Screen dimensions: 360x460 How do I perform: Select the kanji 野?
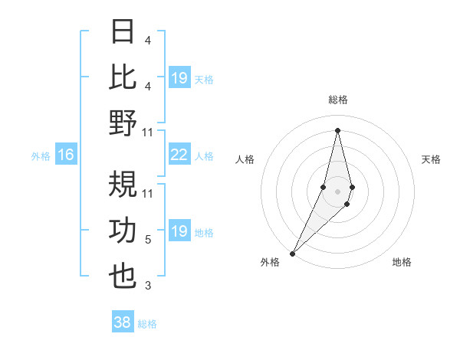pyautogui.click(x=123, y=122)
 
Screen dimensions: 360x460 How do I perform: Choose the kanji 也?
pyautogui.click(x=123, y=276)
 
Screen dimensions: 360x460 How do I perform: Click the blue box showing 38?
pyautogui.click(x=123, y=323)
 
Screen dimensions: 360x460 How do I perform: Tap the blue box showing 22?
pyautogui.click(x=179, y=155)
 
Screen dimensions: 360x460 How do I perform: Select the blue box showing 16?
pyautogui.click(x=66, y=155)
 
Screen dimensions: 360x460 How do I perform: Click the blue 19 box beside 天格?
pyautogui.click(x=179, y=78)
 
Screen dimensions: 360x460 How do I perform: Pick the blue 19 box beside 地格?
pyautogui.click(x=179, y=231)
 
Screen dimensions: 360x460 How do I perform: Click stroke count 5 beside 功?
pyautogui.click(x=148, y=240)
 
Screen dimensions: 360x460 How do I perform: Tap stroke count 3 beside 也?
pyautogui.click(x=148, y=286)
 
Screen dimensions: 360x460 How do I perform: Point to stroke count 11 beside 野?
pyautogui.click(x=148, y=132)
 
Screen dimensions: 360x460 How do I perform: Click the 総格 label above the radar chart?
pyautogui.click(x=338, y=100)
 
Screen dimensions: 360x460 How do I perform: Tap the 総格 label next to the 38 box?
pyautogui.click(x=148, y=324)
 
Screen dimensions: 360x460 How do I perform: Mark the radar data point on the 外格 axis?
pyautogui.click(x=292, y=253)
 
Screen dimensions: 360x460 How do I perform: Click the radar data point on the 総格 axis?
pyautogui.click(x=338, y=130)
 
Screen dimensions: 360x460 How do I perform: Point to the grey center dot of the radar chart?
pyautogui.click(x=338, y=191)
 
